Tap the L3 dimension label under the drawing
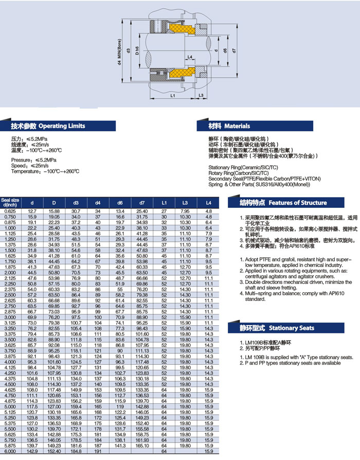tap(201, 96)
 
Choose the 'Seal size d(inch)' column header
tap(10, 202)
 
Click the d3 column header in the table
tap(76, 203)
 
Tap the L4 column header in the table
tap(208, 203)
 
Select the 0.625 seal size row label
tap(10, 211)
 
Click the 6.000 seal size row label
tap(10, 451)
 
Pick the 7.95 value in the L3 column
tap(185, 211)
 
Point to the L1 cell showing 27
tap(164, 211)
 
